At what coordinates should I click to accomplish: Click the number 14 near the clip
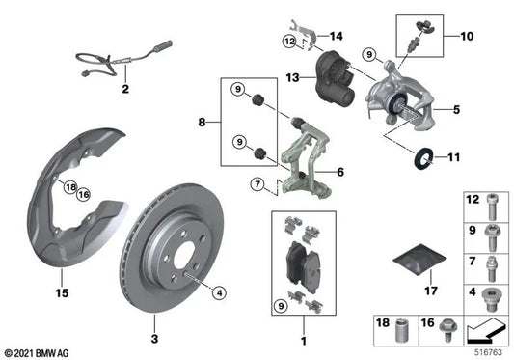(x=336, y=37)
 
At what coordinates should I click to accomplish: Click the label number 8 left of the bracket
(x=202, y=123)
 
